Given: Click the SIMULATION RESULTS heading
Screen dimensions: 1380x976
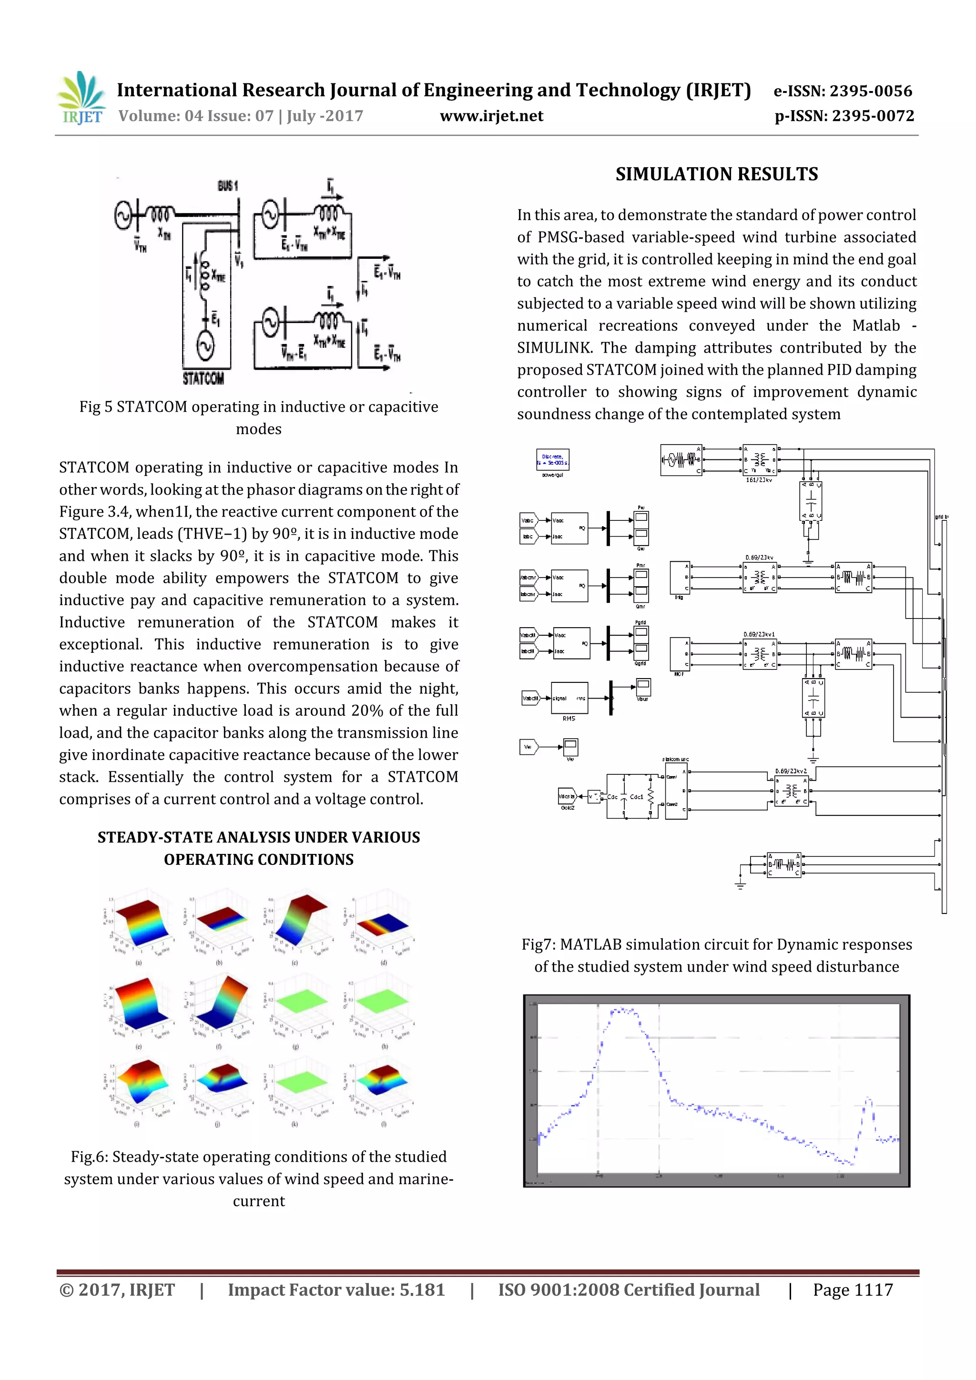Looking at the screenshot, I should click(716, 174).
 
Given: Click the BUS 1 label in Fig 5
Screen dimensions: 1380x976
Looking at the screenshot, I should click(228, 186).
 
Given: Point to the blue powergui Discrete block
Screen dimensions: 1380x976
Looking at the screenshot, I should click(552, 460).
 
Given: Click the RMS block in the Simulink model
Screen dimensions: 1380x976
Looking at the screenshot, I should click(569, 699).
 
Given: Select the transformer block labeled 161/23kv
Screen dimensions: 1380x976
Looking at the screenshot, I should click(760, 460).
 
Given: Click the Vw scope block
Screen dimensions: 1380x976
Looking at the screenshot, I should click(570, 747).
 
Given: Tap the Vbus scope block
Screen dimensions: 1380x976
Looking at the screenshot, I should click(642, 686).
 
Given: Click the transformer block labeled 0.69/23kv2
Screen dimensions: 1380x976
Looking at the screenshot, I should click(792, 791).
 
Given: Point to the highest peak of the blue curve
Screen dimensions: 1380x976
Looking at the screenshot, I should click(622, 1010).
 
